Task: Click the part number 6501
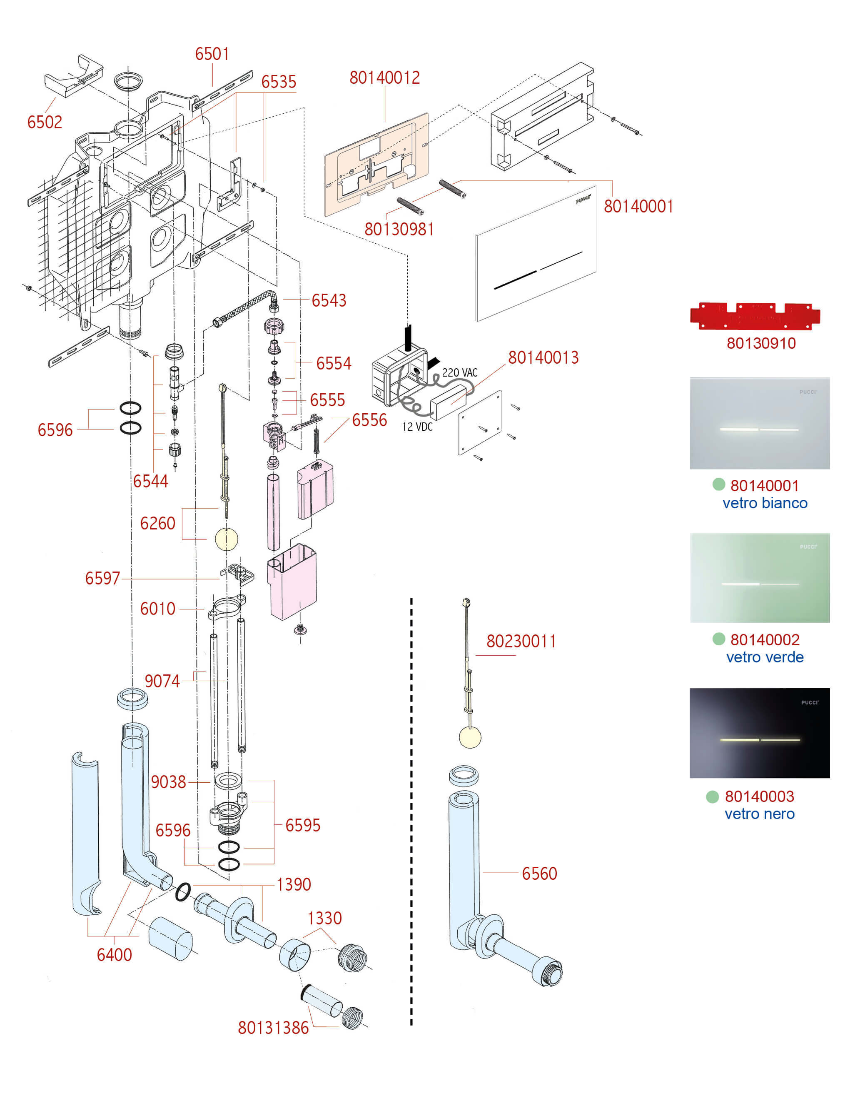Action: coord(212,54)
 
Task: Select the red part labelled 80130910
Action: coord(754,316)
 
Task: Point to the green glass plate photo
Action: coord(759,578)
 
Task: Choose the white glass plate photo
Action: coord(759,423)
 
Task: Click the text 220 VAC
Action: coord(459,373)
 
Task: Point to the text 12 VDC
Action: coord(417,427)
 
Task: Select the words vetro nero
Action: coord(759,814)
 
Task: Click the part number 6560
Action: coord(539,874)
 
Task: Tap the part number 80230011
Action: coord(521,641)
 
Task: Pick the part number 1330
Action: coord(324,918)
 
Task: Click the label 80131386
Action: coord(273,1028)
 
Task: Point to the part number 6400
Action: coord(114,954)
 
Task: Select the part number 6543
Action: coord(329,300)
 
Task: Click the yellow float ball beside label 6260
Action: coord(226,539)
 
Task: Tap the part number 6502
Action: coord(45,122)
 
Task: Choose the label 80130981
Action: coord(399,229)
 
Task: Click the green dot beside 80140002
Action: coord(718,639)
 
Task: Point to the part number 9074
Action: coord(162,681)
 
